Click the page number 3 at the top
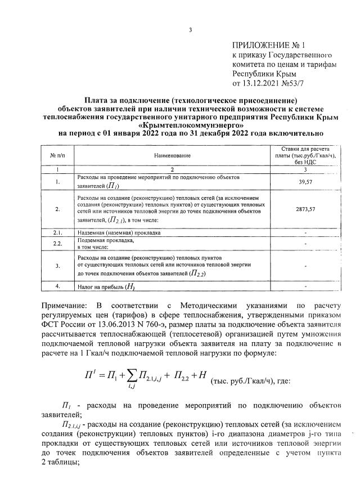(x=191, y=30)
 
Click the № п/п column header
(x=57, y=155)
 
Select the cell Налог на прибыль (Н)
(x=107, y=286)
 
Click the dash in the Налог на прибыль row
(x=305, y=286)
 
